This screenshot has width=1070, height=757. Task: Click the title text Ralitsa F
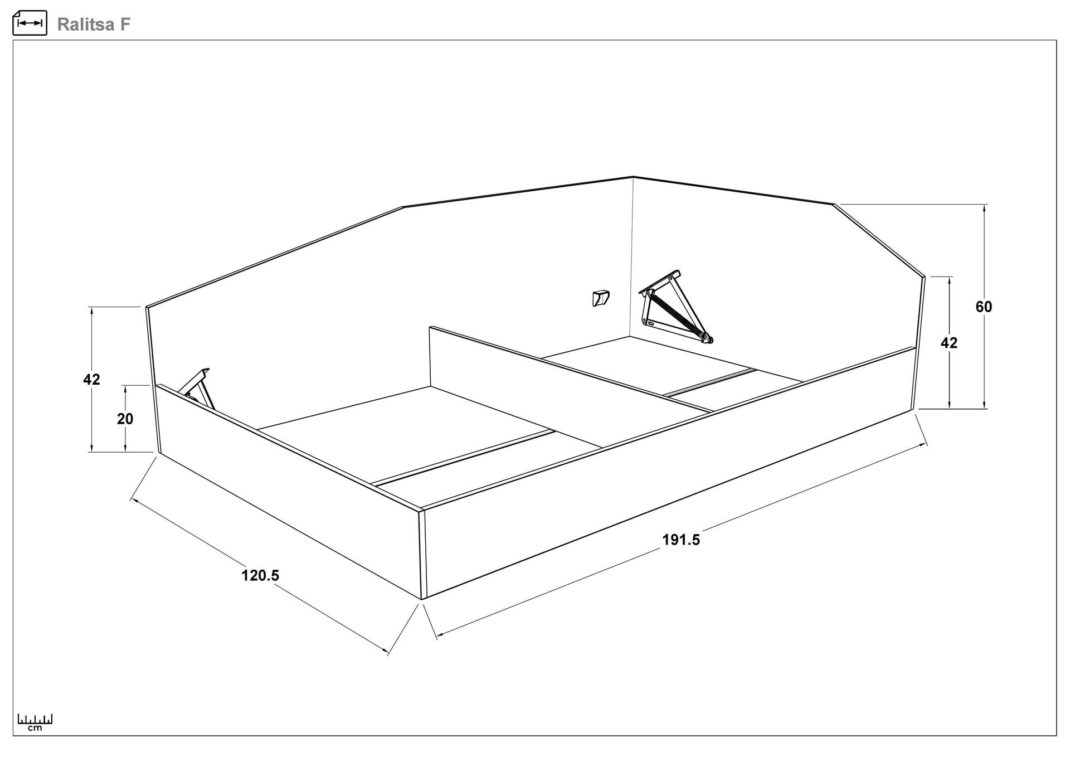coord(94,25)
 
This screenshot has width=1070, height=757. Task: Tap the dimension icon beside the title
coord(30,23)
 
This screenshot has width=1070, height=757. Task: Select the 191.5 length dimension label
coord(681,540)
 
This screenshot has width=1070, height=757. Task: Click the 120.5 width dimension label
coord(260,575)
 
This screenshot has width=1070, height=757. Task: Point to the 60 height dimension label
coord(984,307)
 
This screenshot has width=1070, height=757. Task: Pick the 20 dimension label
coord(125,419)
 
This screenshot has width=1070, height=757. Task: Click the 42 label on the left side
coord(91,380)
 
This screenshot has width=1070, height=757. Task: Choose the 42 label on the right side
coord(949,343)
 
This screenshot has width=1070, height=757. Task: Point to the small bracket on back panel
coord(601,298)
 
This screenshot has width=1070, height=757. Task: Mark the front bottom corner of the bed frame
coord(422,599)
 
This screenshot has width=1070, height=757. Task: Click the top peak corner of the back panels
coord(633,177)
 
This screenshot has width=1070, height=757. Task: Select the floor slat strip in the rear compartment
coord(710,382)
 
